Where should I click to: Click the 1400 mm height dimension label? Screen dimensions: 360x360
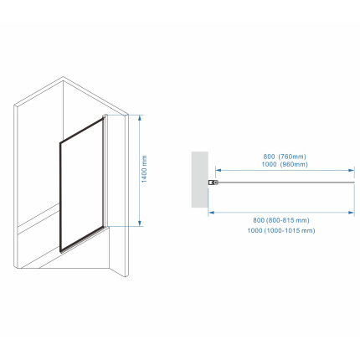(x=144, y=169)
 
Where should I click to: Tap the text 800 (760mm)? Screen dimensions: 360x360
(x=285, y=157)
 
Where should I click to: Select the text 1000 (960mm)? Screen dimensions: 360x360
(x=285, y=164)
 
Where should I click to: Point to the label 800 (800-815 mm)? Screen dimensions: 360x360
(x=281, y=220)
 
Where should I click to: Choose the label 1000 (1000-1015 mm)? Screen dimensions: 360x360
(x=281, y=230)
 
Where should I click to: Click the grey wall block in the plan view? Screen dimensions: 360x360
(x=200, y=179)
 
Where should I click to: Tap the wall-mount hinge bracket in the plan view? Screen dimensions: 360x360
(x=213, y=183)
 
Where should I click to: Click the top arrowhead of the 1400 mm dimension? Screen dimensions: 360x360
(x=140, y=117)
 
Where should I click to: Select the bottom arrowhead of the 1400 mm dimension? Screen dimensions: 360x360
(x=140, y=224)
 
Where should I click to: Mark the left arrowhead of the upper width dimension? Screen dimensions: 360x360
(x=219, y=170)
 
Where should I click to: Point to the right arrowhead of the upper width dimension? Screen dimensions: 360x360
(x=352, y=170)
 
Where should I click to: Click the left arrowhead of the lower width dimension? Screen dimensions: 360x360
(x=211, y=213)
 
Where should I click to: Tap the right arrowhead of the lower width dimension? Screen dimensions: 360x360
(x=352, y=213)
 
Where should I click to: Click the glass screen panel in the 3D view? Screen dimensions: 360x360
(x=81, y=184)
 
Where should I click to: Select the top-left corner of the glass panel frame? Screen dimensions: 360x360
(x=60, y=143)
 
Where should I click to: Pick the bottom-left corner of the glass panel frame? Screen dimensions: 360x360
(x=60, y=251)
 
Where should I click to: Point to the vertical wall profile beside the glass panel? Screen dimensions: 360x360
(x=105, y=172)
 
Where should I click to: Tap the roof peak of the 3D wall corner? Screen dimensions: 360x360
(x=63, y=77)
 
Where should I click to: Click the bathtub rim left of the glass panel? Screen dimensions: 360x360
(x=39, y=215)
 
